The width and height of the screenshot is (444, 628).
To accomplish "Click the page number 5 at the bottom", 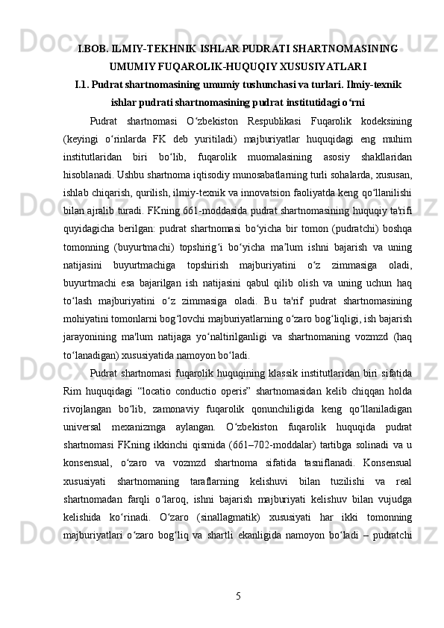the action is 237,595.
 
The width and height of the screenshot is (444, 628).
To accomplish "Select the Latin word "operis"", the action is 254,391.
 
